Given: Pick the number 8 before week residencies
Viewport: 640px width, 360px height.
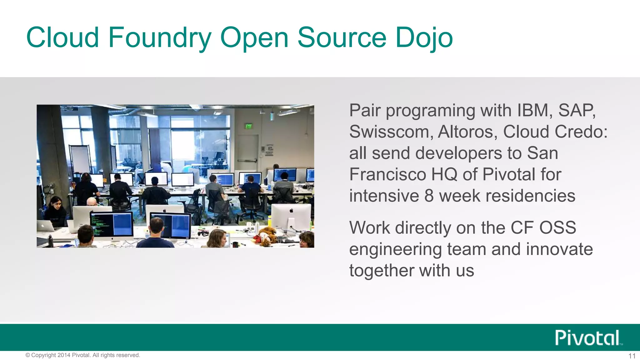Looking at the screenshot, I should pyautogui.click(x=429, y=196).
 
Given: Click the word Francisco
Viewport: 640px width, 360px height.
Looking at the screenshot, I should pyautogui.click(x=387, y=174).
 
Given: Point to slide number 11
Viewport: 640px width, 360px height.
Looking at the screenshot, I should pyautogui.click(x=632, y=356).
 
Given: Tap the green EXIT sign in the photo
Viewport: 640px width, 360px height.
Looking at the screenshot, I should pyautogui.click(x=249, y=126).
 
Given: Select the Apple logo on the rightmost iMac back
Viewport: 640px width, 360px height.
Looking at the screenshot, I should pyautogui.click(x=291, y=211).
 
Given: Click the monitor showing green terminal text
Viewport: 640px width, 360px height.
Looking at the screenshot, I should pyautogui.click(x=111, y=224).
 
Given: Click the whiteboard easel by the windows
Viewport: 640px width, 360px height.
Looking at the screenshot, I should pyautogui.click(x=80, y=159).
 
